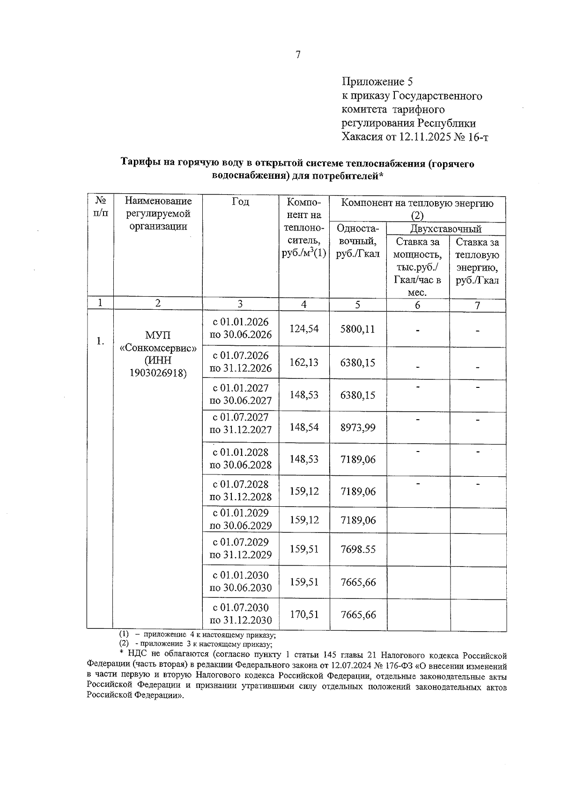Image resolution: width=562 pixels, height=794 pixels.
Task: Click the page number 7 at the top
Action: [298, 55]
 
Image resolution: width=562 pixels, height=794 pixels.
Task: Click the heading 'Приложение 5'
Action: [377, 82]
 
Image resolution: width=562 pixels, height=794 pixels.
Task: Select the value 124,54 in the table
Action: [304, 329]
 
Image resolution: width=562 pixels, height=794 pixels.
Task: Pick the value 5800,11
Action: [357, 329]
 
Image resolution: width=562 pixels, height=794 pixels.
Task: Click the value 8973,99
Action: [357, 427]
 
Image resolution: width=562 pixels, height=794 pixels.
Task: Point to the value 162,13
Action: [304, 363]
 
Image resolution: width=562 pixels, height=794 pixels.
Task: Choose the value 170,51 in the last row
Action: [304, 614]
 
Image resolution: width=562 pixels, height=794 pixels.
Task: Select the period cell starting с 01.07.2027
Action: [241, 423]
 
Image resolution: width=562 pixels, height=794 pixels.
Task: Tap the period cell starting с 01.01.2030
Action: [241, 581]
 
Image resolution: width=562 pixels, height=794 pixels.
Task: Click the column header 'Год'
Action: [240, 202]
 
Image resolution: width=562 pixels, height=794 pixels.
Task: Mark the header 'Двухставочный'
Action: [445, 229]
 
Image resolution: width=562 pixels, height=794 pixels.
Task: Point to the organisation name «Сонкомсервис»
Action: [158, 349]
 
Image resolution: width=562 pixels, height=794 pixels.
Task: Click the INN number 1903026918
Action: [158, 373]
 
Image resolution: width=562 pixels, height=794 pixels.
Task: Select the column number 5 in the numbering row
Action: [357, 305]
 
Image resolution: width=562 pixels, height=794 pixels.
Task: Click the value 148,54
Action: [304, 427]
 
